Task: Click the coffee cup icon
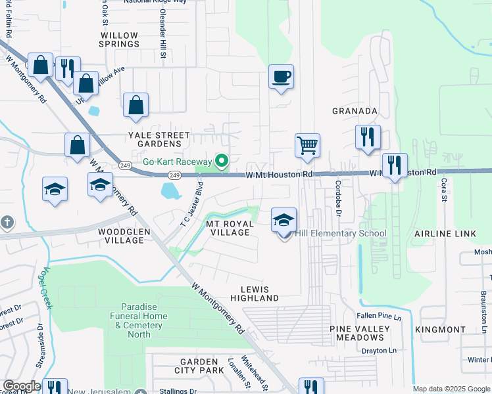(x=281, y=77)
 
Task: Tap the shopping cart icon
(x=307, y=146)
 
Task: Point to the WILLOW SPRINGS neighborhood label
(x=120, y=39)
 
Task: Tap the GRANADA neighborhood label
(x=355, y=111)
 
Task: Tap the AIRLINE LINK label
(x=453, y=234)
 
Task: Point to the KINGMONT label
(x=440, y=329)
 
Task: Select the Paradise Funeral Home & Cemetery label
(x=144, y=320)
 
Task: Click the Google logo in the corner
(x=22, y=386)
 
